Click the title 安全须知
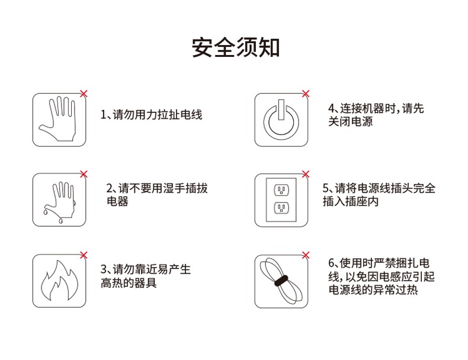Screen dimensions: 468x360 pyautogui.click(x=236, y=48)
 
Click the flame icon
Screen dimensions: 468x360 pyautogui.click(x=59, y=281)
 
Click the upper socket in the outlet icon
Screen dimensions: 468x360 pyautogui.click(x=281, y=189)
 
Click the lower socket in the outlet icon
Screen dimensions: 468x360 pyautogui.click(x=281, y=208)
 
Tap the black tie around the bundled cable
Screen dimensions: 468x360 pyautogui.click(x=281, y=281)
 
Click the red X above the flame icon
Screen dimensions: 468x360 pyautogui.click(x=84, y=255)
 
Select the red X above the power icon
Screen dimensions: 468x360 pyautogui.click(x=306, y=94)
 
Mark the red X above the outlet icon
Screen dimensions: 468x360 pyautogui.click(x=306, y=174)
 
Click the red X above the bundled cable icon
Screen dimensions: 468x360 pyautogui.click(x=306, y=255)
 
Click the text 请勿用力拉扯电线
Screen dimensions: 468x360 pyautogui.click(x=157, y=115)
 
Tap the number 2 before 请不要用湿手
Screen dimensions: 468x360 pyautogui.click(x=109, y=188)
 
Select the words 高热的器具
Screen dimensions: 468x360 pyautogui.click(x=129, y=283)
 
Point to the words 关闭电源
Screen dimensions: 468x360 pyautogui.click(x=351, y=121)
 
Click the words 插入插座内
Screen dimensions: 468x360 pyautogui.click(x=351, y=201)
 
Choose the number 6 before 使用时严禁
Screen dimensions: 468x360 pyautogui.click(x=331, y=263)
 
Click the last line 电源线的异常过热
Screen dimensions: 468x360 pyautogui.click(x=373, y=290)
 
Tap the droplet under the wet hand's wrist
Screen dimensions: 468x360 pyautogui.click(x=60, y=221)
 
